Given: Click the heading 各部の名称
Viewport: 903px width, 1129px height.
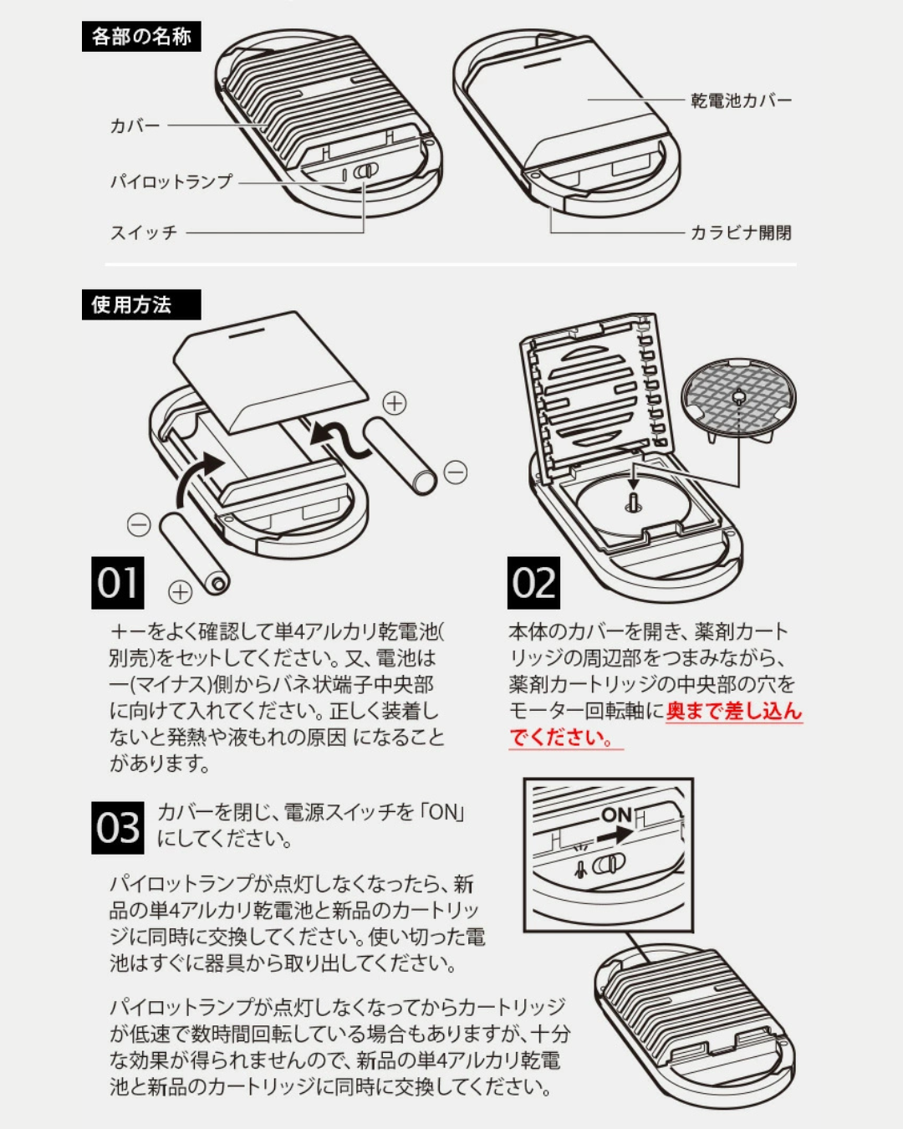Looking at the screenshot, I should coord(141,37).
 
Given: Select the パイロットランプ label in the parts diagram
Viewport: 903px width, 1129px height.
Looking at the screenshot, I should coord(171,181).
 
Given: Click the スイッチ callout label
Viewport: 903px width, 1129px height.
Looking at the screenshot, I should coord(144,232).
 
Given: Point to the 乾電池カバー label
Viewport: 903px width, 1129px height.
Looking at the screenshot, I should coord(741,100).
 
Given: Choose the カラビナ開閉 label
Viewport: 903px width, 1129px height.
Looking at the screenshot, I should coord(740,232).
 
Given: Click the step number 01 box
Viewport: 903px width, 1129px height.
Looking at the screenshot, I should coord(117,583).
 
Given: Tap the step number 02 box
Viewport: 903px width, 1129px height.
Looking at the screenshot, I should coord(533,583).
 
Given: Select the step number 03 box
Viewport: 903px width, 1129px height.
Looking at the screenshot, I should coord(117,828).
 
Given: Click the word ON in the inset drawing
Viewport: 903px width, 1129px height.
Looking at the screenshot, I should coord(616,814).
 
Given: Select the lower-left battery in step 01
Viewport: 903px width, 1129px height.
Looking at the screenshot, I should coord(194,554).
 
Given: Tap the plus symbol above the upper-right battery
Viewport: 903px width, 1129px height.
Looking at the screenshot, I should coord(395,403).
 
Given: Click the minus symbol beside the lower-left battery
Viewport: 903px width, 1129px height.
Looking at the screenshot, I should coord(139,525).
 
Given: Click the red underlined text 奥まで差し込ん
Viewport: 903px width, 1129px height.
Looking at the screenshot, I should coord(733,711).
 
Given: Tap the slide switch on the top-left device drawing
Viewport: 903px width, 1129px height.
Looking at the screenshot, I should coord(365,171).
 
